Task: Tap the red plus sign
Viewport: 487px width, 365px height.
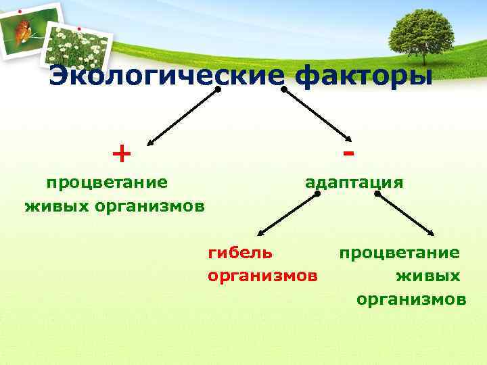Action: pos(122,155)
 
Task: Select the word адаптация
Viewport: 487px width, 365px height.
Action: pos(354,182)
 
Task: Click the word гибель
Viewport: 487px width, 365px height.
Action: pos(241,253)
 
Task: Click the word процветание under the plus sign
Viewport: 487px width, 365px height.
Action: pos(107,182)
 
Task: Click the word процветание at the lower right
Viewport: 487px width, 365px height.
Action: pos(400,253)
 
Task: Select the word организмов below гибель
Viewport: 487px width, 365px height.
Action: pos(262,276)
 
